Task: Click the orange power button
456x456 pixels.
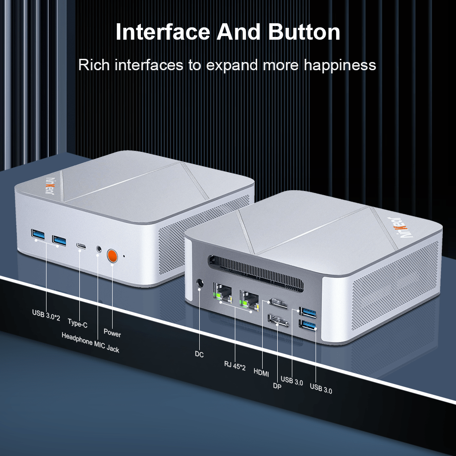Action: tap(112, 256)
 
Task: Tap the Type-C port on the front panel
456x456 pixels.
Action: tap(81, 246)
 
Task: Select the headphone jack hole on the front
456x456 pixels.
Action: tap(99, 249)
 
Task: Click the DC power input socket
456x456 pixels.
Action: tap(199, 283)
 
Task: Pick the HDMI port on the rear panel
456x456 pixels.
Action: tap(278, 303)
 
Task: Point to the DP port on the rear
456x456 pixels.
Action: tap(278, 320)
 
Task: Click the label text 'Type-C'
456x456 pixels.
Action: tap(78, 323)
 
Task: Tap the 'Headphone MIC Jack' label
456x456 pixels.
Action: tap(90, 342)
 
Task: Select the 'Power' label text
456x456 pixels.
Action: tap(112, 332)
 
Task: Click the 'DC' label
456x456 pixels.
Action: tap(199, 354)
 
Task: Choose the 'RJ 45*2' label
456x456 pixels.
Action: tap(235, 366)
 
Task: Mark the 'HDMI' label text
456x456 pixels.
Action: tap(261, 372)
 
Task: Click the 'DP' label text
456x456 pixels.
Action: tap(277, 386)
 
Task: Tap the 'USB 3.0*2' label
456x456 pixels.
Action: tap(46, 315)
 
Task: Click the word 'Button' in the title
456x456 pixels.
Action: tap(304, 32)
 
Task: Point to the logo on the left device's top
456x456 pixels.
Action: tap(50, 186)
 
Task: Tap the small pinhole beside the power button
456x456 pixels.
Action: tap(124, 256)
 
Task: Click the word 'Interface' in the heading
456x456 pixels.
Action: tap(163, 32)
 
